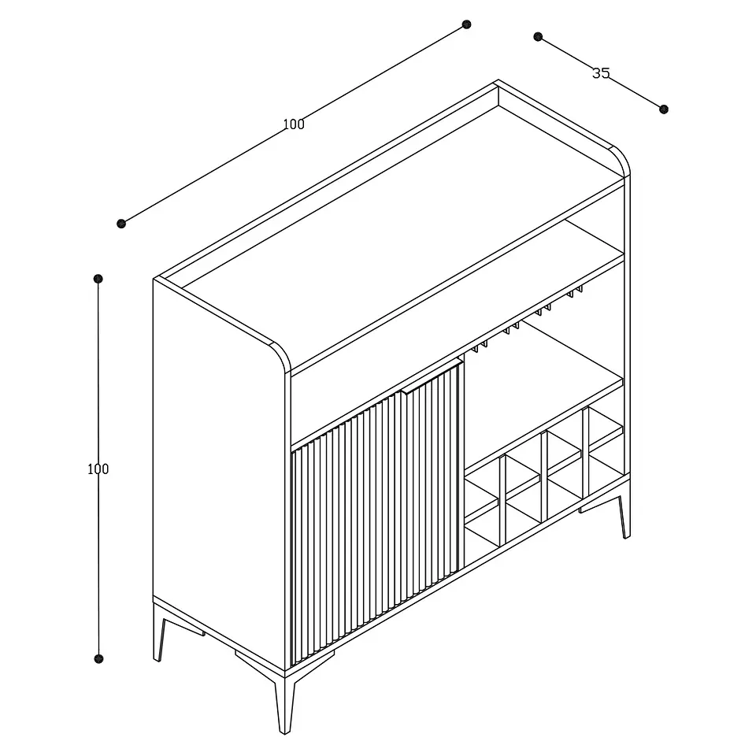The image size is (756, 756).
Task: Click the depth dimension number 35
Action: point(601,73)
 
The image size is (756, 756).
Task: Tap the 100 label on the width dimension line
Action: point(294,124)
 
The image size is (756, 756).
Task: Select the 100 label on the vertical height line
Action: point(98,469)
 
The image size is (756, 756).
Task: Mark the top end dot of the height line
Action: point(98,279)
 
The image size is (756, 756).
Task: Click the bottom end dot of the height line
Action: point(98,658)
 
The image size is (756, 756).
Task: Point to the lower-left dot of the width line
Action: point(121,223)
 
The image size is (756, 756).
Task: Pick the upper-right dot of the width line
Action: point(466,24)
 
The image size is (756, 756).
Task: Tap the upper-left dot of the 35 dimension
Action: point(538,37)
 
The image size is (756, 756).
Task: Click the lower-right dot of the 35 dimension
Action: point(663,109)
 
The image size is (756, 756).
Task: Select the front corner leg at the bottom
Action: point(284,705)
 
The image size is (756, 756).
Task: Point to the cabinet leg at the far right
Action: point(624,517)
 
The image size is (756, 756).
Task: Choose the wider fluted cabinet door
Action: point(346,529)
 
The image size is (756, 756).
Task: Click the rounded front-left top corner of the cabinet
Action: point(281,357)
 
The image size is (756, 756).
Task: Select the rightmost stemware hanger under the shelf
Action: point(575,291)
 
